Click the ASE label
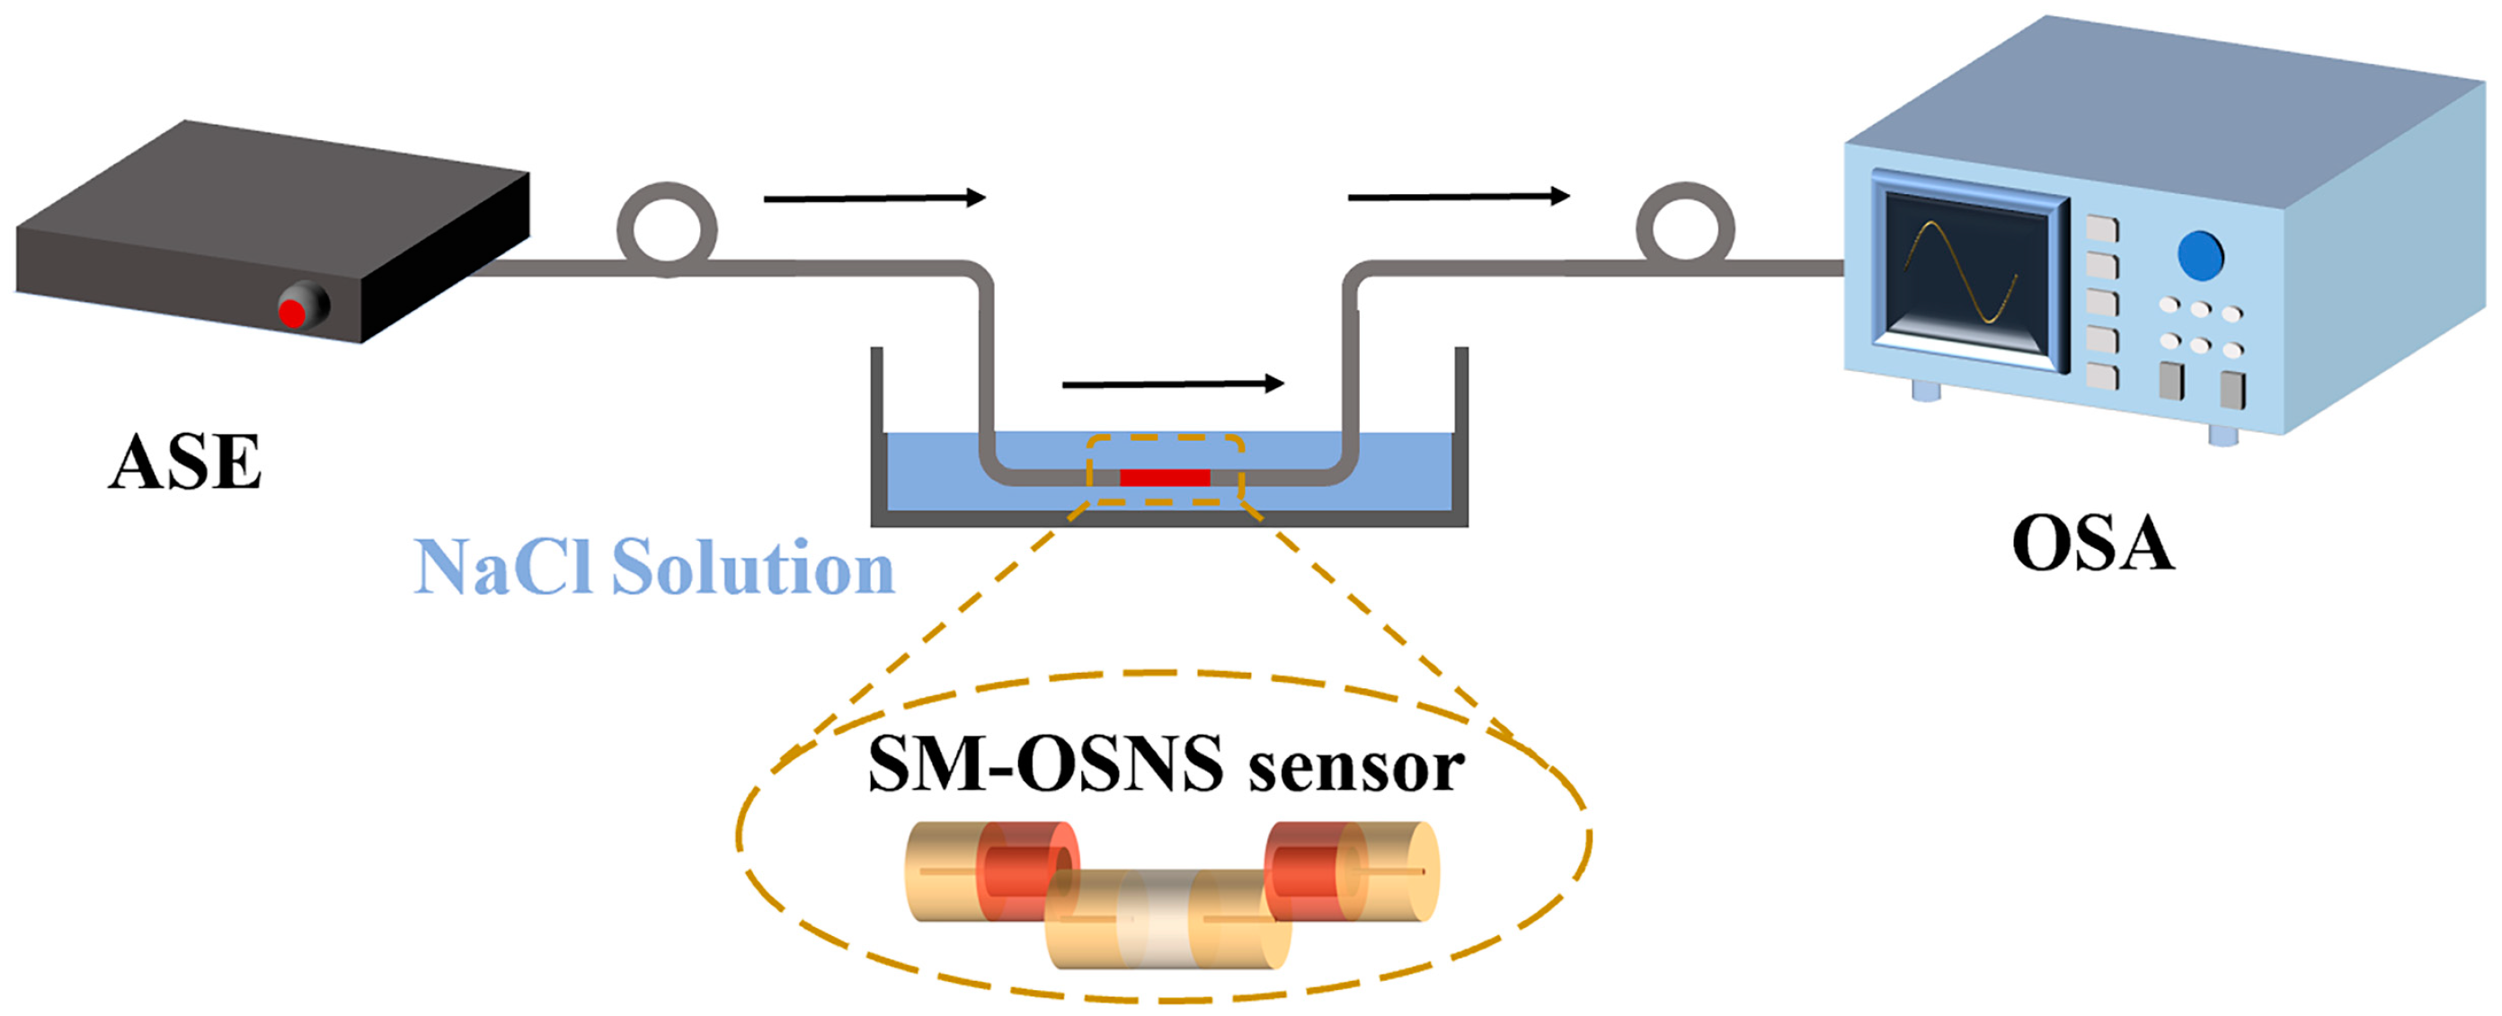pos(184,463)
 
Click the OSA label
pos(2092,544)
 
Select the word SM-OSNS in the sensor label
pos(1045,764)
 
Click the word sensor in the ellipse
pos(1356,766)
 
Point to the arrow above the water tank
pos(1174,384)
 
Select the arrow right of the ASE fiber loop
pos(874,199)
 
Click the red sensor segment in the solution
pos(1165,477)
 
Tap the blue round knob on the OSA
pos(2200,255)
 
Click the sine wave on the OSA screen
pos(1962,271)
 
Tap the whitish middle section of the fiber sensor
pos(1156,918)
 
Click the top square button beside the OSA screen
pos(2102,230)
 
